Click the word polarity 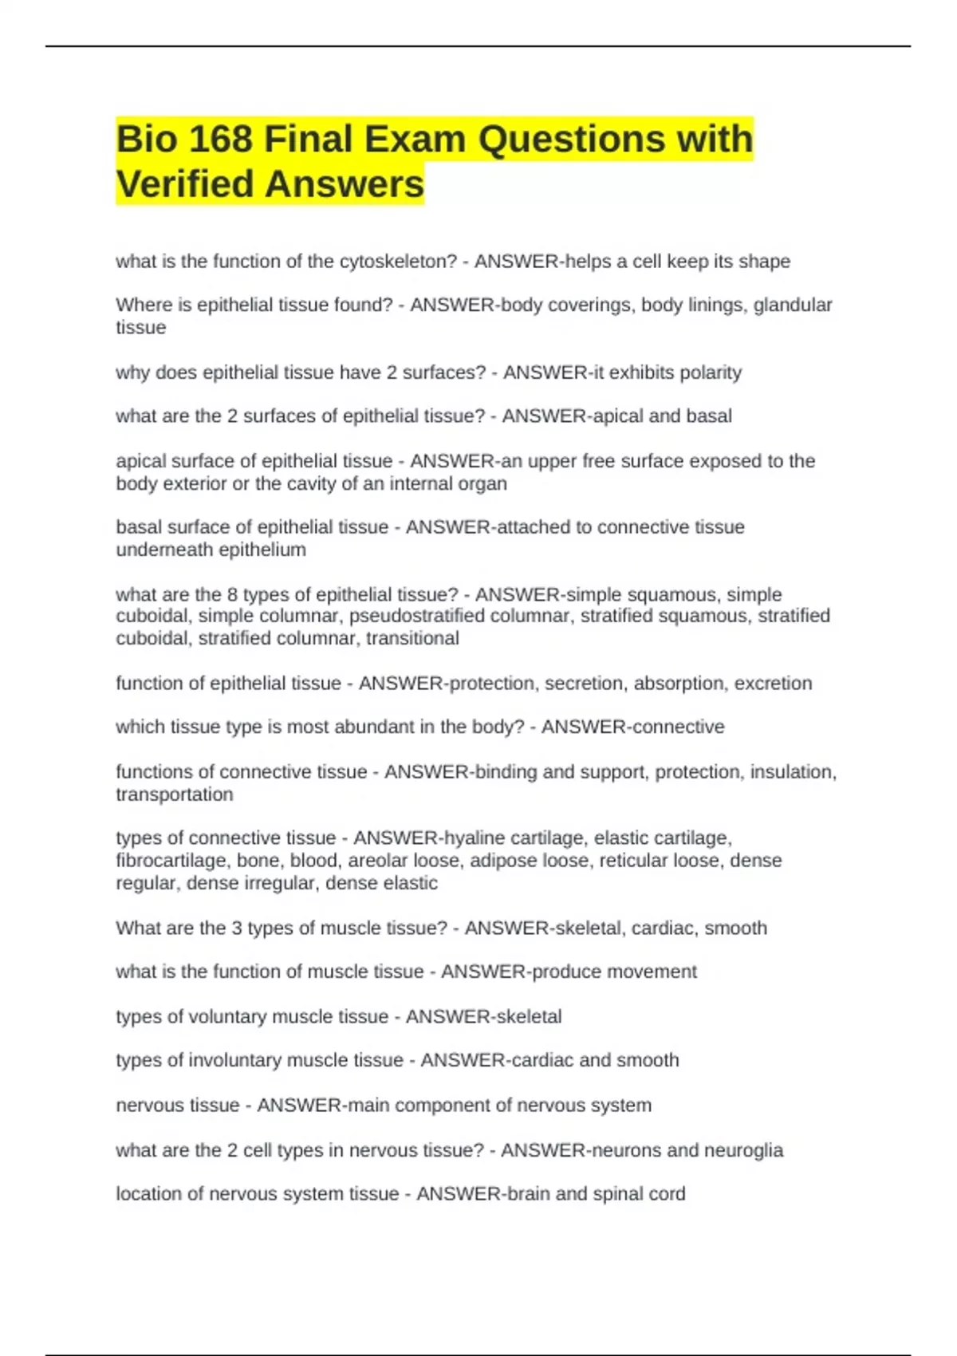point(710,373)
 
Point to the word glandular point(793,305)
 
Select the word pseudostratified point(416,616)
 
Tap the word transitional point(412,638)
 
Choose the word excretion point(773,684)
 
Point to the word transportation point(175,794)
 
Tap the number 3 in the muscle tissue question point(236,928)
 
